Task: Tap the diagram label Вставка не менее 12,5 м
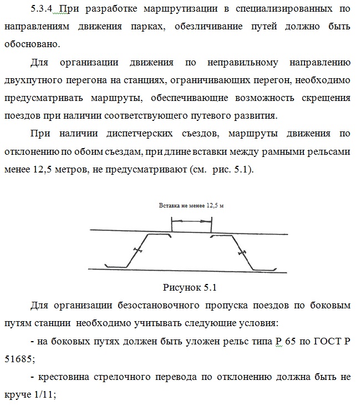(x=191, y=205)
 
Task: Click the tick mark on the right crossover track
(x=242, y=252)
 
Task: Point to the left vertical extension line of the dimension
(x=172, y=225)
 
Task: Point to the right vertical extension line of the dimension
(x=211, y=225)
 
